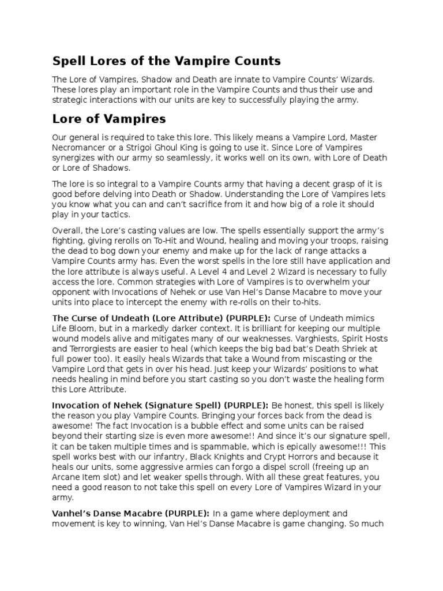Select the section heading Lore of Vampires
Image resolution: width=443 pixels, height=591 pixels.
(x=109, y=119)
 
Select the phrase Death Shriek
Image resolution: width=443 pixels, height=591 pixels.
(x=326, y=359)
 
